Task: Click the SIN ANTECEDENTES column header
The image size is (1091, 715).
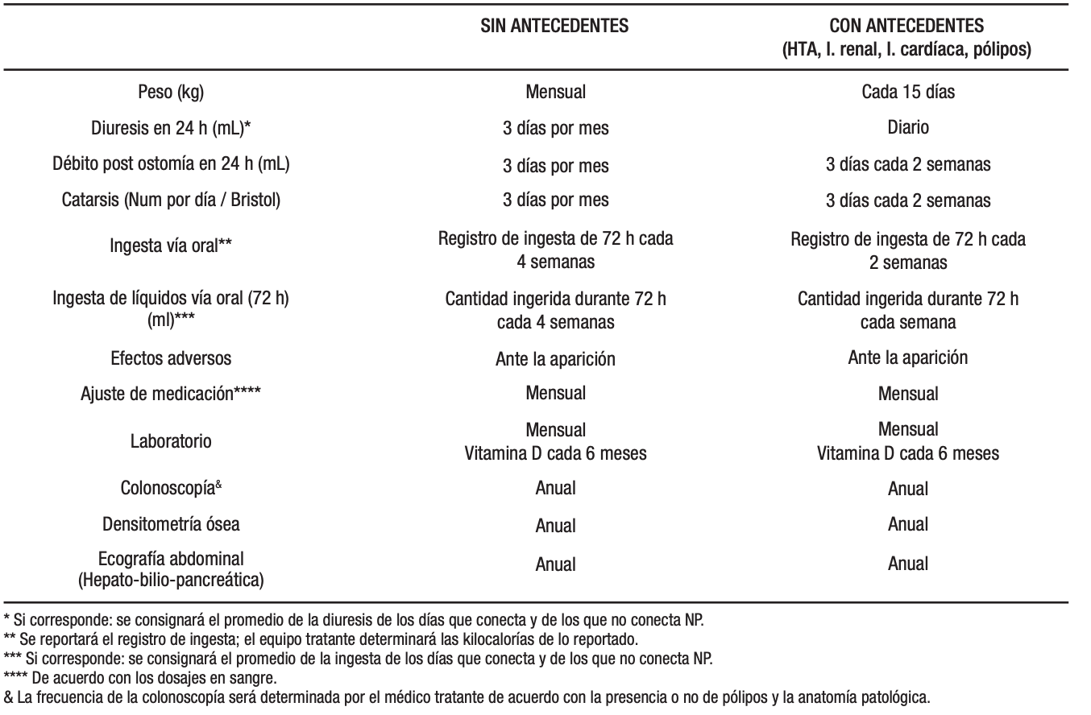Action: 555,27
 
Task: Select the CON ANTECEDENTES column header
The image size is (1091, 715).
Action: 907,27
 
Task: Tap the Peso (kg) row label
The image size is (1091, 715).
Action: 171,92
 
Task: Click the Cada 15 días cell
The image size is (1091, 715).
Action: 907,92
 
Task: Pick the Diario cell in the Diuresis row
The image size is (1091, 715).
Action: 907,127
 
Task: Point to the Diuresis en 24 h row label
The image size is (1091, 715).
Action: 171,128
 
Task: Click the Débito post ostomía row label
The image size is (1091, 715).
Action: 171,164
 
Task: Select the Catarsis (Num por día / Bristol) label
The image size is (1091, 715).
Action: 171,200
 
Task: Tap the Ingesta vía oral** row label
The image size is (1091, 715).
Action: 171,246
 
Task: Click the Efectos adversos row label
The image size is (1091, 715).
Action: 171,357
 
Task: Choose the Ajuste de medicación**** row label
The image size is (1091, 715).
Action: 171,395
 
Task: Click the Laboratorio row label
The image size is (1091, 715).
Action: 171,441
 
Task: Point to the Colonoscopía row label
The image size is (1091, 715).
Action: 171,488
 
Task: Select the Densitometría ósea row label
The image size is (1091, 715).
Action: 171,524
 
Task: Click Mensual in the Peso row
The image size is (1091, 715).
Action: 555,92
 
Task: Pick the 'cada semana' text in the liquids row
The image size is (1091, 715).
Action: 907,321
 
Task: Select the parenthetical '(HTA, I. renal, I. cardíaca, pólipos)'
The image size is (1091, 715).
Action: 907,49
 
